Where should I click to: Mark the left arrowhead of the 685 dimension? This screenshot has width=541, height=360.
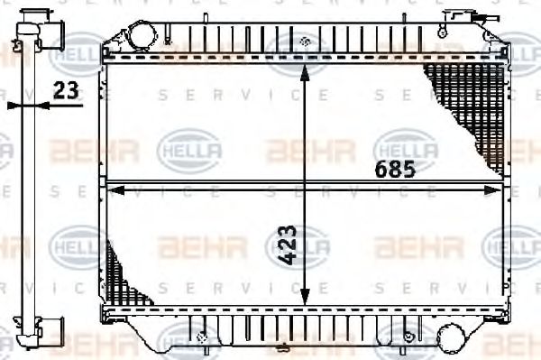point(111,189)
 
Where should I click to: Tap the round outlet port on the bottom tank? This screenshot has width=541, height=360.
point(448,337)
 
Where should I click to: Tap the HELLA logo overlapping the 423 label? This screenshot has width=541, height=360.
point(298,244)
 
